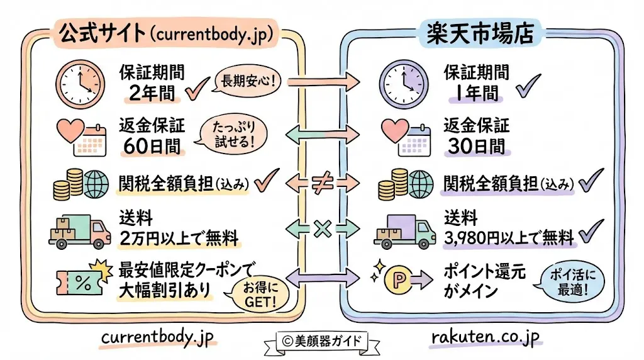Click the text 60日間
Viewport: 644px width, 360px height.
(152, 145)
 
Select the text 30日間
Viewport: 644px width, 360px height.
(476, 145)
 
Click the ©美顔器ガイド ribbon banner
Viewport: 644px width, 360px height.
(322, 340)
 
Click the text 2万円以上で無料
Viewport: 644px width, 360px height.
(179, 239)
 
